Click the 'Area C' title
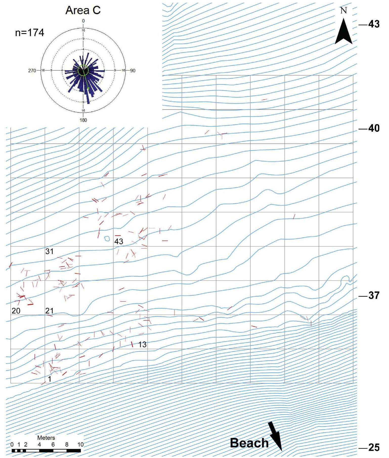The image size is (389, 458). [83, 10]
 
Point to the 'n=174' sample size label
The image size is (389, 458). [30, 33]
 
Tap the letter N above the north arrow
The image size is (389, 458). [343, 10]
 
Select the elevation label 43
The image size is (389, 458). [374, 24]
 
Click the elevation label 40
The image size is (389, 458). [374, 128]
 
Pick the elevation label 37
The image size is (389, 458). [374, 295]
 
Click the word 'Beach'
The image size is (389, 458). [249, 443]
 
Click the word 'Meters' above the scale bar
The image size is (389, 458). [46, 438]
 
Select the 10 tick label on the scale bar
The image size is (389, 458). [80, 444]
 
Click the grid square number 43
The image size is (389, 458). [119, 241]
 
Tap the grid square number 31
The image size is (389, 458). [49, 251]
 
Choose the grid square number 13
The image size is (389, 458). [142, 344]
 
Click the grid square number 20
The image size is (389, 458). [16, 311]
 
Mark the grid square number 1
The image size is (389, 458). [50, 379]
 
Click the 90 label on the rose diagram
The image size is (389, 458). [133, 71]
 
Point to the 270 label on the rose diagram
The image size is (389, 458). [32, 71]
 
